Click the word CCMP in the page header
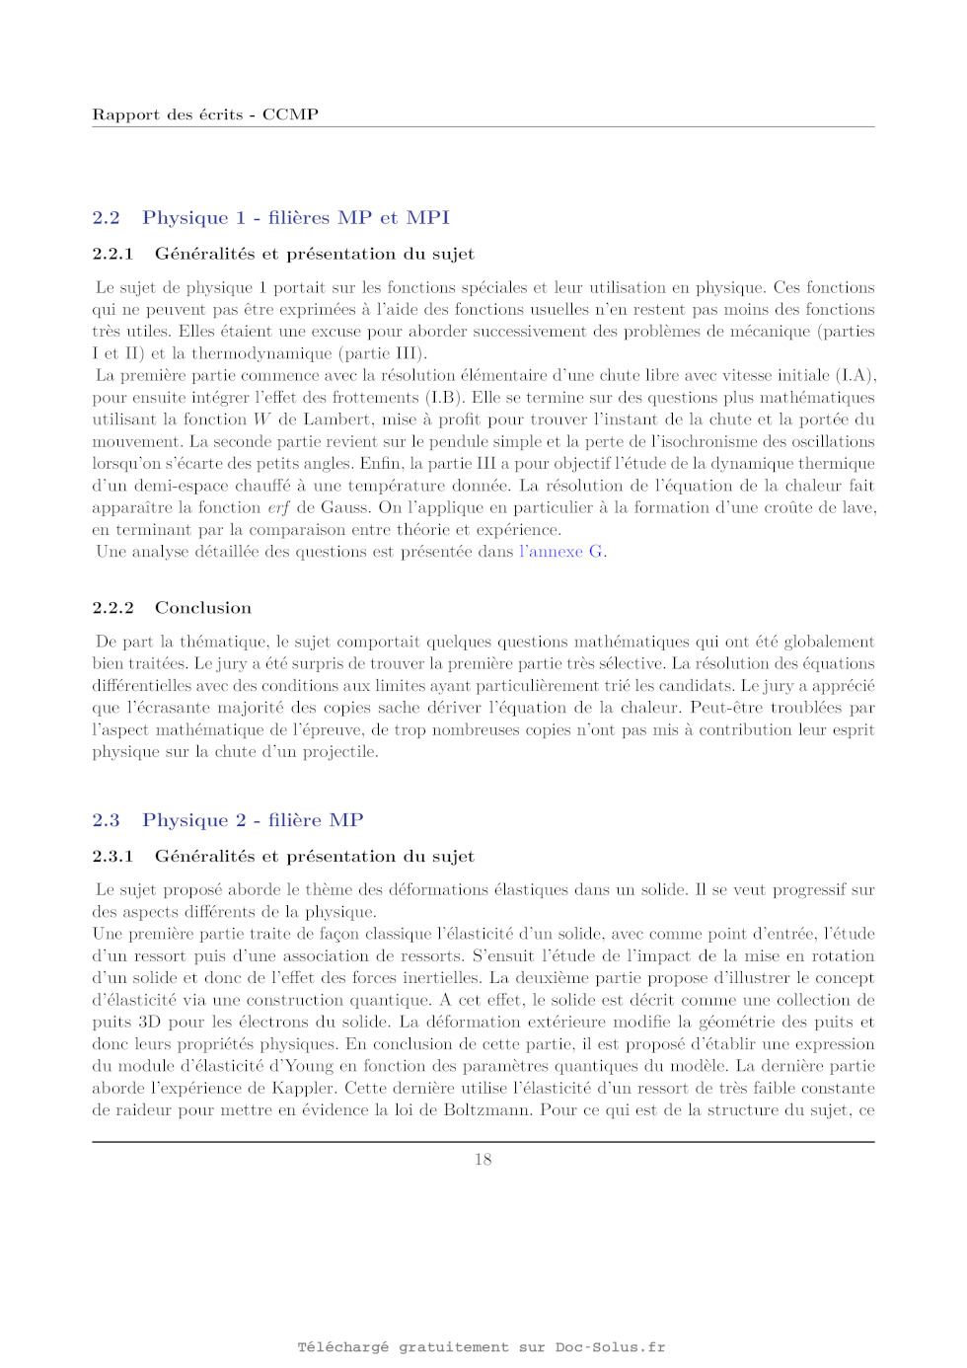click(290, 114)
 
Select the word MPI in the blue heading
click(427, 217)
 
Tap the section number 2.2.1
click(112, 254)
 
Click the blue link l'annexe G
click(561, 552)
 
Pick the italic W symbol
click(261, 419)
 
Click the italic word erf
click(278, 507)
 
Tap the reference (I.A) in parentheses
click(855, 375)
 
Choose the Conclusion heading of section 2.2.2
click(203, 608)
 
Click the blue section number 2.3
click(106, 820)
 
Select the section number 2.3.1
click(112, 857)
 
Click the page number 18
click(483, 1160)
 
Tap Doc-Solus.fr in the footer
click(610, 1347)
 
